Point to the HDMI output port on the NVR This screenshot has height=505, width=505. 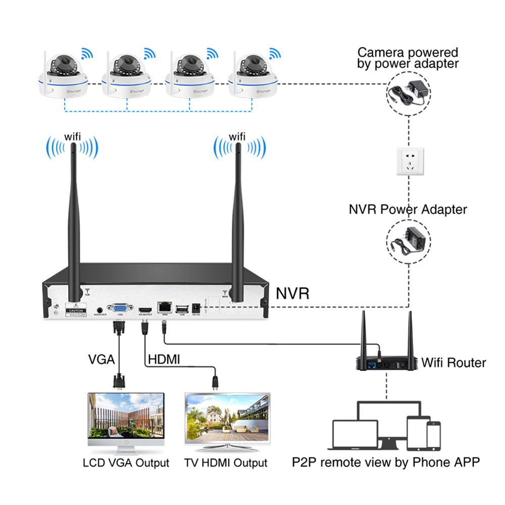tap(145, 309)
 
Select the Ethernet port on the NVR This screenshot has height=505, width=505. tap(165, 307)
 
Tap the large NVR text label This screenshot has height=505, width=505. tap(292, 293)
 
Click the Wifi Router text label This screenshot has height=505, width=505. tap(454, 362)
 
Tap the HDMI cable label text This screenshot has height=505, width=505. tap(164, 360)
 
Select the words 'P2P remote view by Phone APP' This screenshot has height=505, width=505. tap(386, 462)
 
